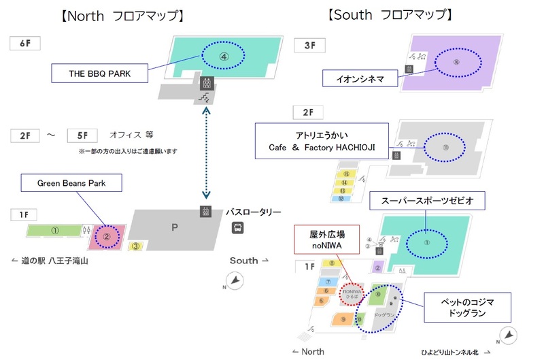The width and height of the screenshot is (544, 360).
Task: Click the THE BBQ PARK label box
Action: [100, 73]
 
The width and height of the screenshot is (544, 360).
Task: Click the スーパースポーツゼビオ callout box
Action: [428, 201]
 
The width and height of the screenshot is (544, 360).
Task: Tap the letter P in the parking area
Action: [174, 228]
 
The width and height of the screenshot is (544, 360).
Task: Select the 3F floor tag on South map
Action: [309, 46]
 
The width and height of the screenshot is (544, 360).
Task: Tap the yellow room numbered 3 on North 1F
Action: [137, 246]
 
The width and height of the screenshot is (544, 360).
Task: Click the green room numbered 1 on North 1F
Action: [54, 231]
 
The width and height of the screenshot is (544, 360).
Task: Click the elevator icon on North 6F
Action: [205, 83]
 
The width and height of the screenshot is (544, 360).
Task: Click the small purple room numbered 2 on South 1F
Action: [376, 267]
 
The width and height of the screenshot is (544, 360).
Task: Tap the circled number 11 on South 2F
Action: [446, 144]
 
